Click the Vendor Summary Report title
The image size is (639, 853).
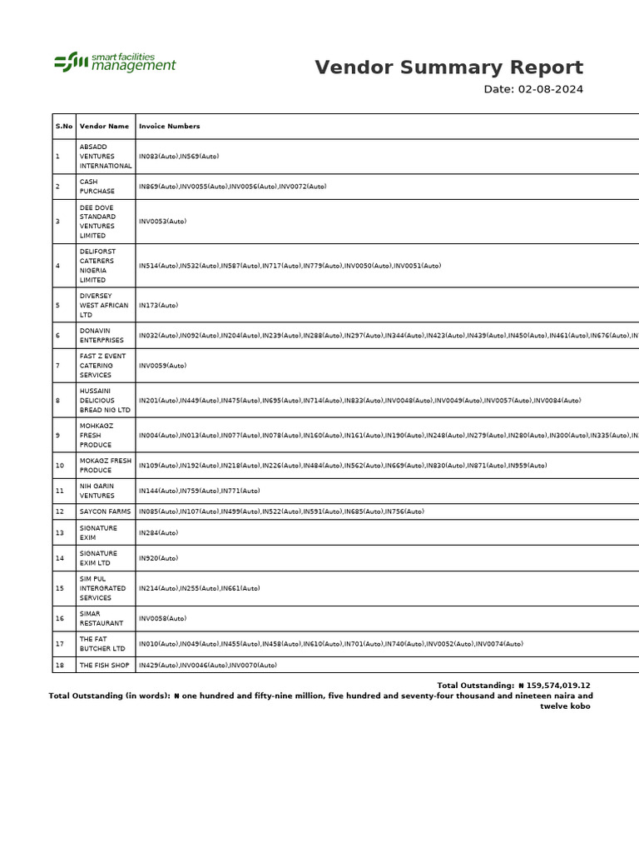coord(448,68)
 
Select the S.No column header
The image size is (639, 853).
coord(64,127)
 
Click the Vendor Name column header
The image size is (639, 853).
coord(104,127)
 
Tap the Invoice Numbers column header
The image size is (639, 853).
coord(169,127)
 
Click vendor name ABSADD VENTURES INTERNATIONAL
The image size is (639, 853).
coord(105,156)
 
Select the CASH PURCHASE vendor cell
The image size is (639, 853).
coord(97,187)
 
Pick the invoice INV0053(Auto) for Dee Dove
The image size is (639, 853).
coord(162,222)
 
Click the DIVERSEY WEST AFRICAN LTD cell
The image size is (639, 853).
coord(104,306)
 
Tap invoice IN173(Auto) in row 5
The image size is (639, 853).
coord(158,306)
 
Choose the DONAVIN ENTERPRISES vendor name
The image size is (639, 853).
coord(102,336)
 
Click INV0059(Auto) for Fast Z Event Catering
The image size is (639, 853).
coord(162,366)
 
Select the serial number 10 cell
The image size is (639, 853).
coord(59,466)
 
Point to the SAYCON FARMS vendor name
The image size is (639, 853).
coord(105,511)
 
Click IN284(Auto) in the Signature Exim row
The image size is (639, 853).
coord(158,532)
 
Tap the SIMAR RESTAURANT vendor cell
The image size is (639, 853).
coord(101,618)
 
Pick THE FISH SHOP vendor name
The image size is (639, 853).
coord(104,666)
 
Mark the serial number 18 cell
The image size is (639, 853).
coord(59,666)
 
